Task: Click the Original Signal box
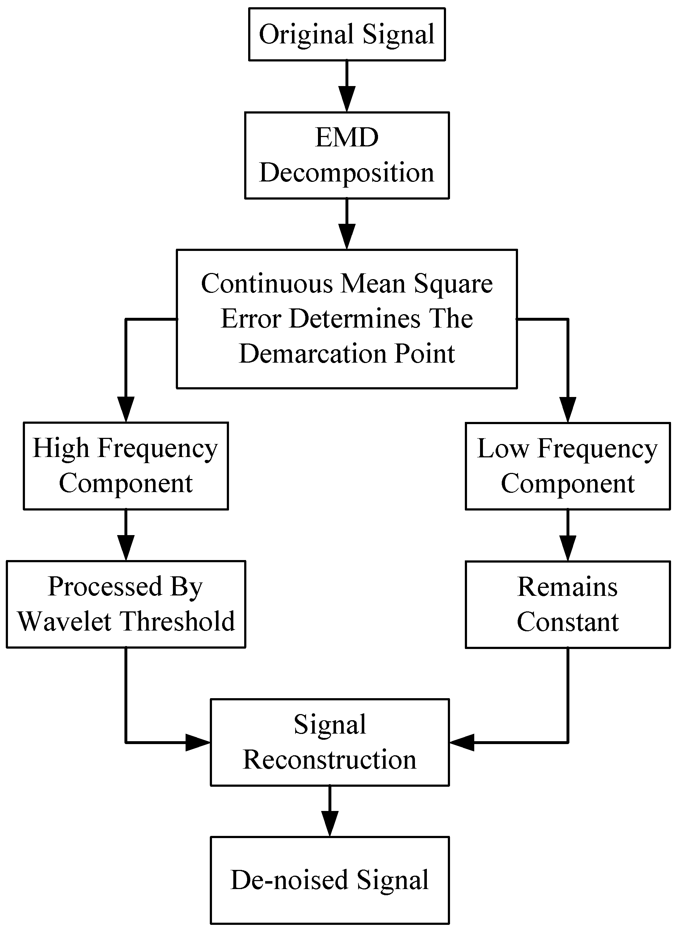[347, 34]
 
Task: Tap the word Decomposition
[347, 172]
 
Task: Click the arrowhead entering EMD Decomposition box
[347, 99]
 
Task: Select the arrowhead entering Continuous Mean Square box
[347, 237]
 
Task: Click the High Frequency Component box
[126, 466]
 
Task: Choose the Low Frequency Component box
[568, 466]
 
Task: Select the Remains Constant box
[568, 604]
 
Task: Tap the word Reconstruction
[330, 760]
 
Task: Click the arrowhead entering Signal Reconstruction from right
[462, 743]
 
